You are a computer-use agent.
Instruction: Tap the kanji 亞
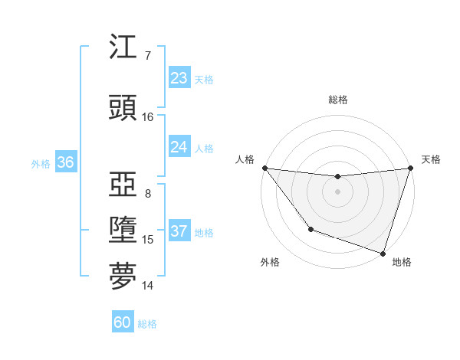pos(123,185)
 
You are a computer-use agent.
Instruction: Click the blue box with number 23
pos(179,78)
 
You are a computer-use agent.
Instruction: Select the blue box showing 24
pos(179,147)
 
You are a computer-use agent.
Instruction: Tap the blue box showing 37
pos(179,231)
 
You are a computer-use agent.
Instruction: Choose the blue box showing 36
pos(65,162)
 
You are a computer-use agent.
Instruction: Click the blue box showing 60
pos(123,322)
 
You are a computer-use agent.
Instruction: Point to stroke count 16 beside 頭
pos(147,117)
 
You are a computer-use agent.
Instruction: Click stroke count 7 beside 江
pos(147,56)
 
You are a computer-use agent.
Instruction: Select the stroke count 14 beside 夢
pos(147,286)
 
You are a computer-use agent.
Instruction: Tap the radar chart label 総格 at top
pos(337,100)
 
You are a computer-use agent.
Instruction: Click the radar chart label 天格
pos(431,159)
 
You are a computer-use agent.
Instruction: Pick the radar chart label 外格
pos(270,262)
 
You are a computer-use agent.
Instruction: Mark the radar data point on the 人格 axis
pos(265,168)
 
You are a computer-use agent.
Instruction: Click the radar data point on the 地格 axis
pos(383,253)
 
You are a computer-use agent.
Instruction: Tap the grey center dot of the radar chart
pos(337,191)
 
